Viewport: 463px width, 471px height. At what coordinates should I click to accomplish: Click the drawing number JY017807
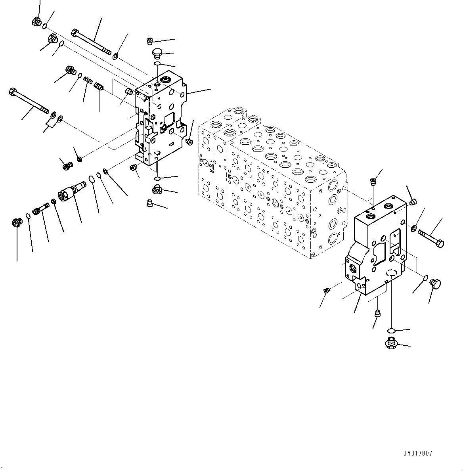point(419,453)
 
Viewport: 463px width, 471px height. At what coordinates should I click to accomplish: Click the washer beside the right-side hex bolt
point(413,228)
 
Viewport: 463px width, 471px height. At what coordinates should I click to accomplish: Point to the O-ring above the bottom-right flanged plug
point(391,330)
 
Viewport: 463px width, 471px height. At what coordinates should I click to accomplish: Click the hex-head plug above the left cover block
point(158,53)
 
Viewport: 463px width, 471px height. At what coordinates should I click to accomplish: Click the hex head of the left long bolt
point(12,93)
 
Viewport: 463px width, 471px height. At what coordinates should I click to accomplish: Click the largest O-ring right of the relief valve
point(91,179)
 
